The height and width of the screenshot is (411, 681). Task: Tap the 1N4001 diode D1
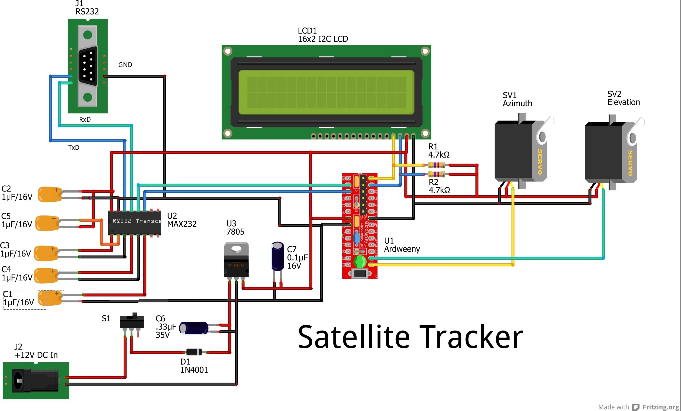[194, 352]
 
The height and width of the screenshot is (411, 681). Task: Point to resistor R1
[436, 165]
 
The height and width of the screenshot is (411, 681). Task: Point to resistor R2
[436, 174]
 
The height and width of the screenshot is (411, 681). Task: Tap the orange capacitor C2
[50, 194]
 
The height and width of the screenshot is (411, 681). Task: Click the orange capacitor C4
[46, 275]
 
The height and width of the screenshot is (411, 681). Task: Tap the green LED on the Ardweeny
[360, 261]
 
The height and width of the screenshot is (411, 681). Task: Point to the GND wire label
[125, 65]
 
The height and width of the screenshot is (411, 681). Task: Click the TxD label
[74, 148]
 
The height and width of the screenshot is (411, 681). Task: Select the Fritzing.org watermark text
[660, 407]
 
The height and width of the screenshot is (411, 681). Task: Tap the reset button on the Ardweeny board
[359, 274]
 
